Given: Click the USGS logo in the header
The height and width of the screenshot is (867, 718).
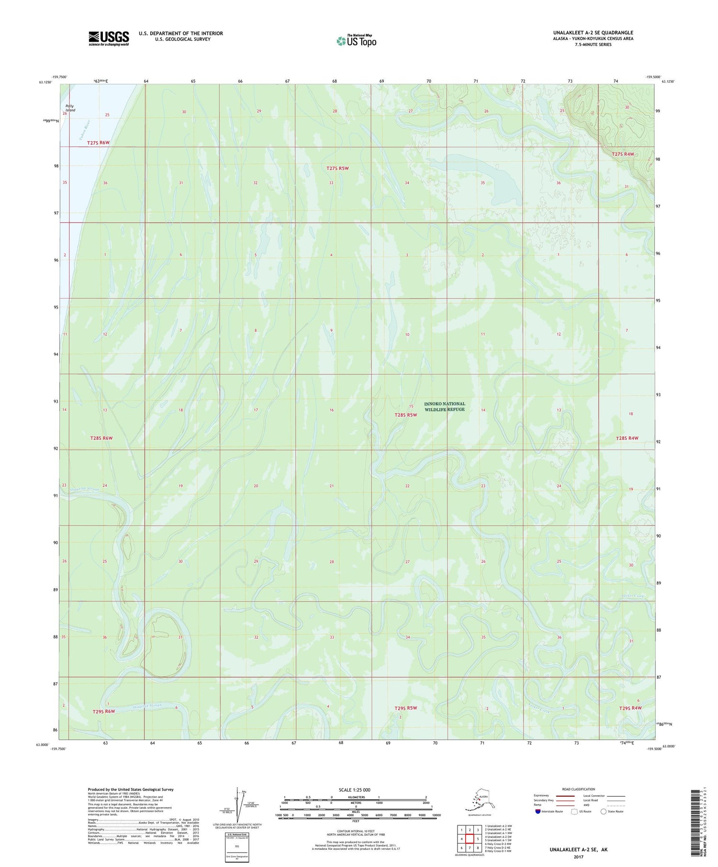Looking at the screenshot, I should [x=109, y=38].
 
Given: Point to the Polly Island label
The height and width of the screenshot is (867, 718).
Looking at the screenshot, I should [x=71, y=108].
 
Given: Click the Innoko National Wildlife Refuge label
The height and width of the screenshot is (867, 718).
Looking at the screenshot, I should [x=444, y=406].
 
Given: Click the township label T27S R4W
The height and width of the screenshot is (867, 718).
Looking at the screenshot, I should [x=623, y=154].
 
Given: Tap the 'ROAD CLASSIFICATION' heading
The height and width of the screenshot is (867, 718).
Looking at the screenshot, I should [x=579, y=789].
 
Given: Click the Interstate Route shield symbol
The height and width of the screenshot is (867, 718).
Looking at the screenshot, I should [x=538, y=812].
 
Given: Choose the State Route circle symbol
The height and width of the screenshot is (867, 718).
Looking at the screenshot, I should [x=604, y=812].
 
